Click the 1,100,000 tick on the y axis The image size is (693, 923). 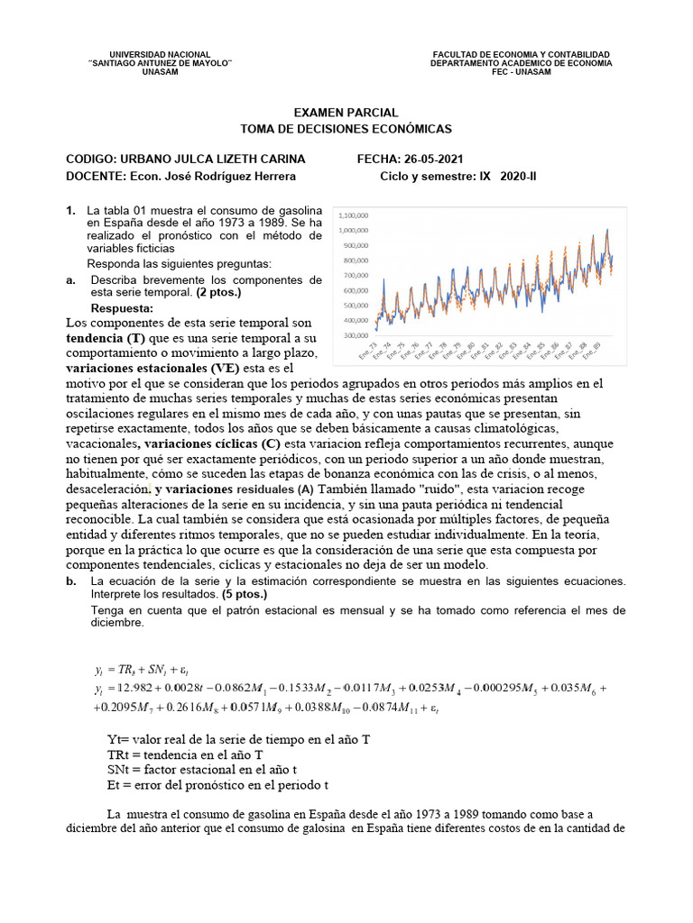[x=353, y=215]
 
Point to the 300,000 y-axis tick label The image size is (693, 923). [x=355, y=335]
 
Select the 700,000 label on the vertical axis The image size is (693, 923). [x=355, y=275]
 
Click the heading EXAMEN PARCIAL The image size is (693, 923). [x=346, y=113]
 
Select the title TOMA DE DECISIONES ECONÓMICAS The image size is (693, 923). [x=346, y=129]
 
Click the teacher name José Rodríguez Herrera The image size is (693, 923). [x=214, y=177]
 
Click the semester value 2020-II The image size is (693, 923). [x=518, y=177]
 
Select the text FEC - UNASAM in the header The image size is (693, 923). [x=521, y=72]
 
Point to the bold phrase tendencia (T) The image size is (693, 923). [x=106, y=337]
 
